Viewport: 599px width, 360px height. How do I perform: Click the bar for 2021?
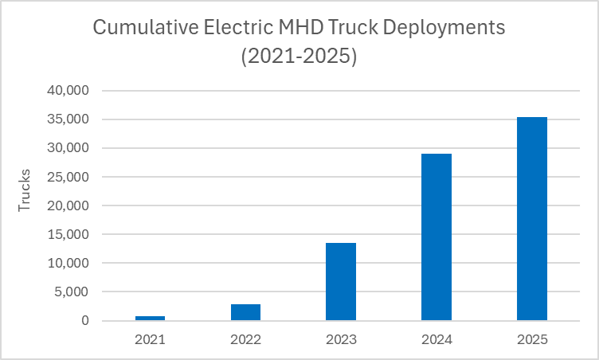[150, 318]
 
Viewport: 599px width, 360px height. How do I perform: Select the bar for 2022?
[245, 312]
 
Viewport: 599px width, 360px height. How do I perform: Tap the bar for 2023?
[341, 282]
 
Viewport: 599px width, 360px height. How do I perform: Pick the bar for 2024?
[437, 237]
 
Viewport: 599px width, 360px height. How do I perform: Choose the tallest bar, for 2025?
[532, 219]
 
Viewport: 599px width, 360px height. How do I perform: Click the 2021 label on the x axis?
[150, 339]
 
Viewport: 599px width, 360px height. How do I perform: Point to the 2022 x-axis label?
[245, 339]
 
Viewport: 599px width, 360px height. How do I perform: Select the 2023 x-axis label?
[341, 339]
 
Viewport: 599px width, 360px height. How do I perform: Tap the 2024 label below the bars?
[437, 339]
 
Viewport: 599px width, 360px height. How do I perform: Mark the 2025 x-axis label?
[532, 339]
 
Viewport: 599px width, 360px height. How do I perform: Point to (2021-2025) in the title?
[299, 57]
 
